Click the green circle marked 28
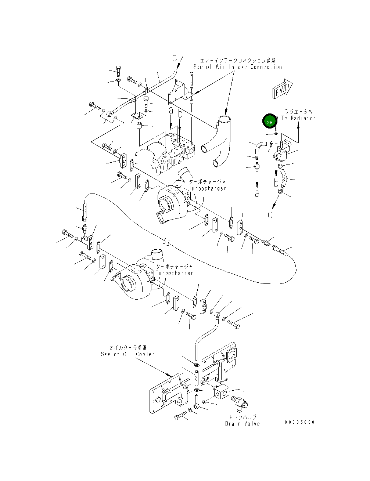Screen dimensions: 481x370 270,122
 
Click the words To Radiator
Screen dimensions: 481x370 298,118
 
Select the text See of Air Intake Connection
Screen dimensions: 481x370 237,67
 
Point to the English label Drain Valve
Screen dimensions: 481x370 243,424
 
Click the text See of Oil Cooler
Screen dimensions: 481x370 127,354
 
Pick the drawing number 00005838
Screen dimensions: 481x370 299,422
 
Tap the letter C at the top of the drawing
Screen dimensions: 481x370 175,58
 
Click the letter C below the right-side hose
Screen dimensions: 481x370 270,215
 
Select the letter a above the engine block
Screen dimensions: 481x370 170,110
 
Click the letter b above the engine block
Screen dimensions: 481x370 180,114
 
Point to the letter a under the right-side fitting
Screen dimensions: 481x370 257,193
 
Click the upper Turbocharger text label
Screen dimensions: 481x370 207,188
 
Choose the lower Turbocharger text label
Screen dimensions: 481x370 174,273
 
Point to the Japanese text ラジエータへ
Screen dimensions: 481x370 298,111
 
